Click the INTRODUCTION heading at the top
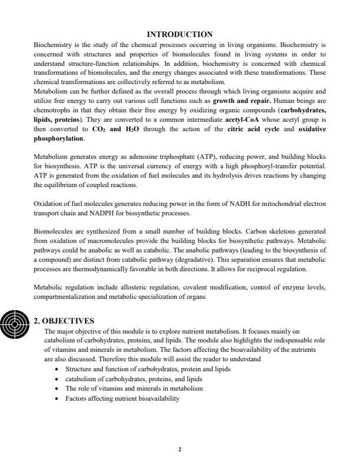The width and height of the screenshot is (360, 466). click(180, 34)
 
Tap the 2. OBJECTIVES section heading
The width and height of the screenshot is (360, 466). click(64, 321)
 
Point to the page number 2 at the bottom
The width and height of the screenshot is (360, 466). click(180, 450)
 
